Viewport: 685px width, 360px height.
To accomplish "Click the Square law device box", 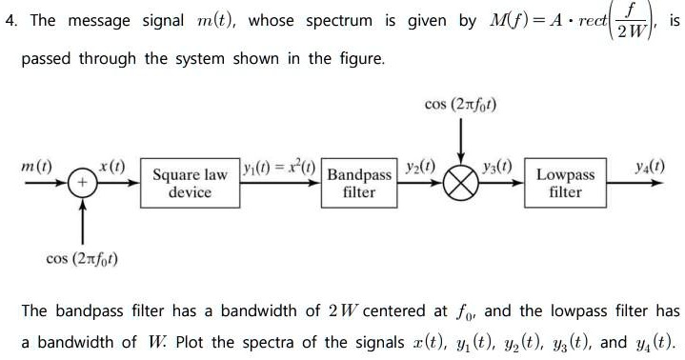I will (x=191, y=183).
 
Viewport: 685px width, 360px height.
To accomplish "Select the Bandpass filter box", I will (x=359, y=184).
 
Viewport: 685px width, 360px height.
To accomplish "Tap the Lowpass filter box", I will (x=565, y=183).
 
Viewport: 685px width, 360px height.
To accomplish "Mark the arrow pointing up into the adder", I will (x=83, y=219).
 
